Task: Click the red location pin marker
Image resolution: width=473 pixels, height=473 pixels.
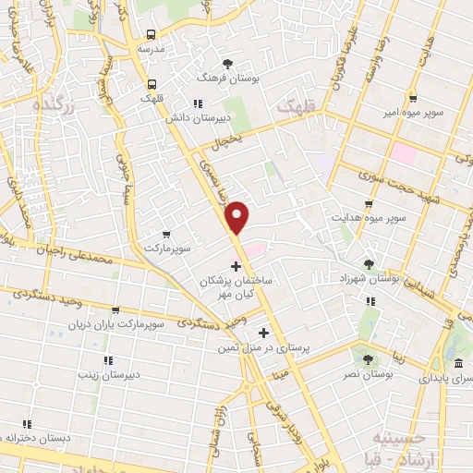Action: pos(238,215)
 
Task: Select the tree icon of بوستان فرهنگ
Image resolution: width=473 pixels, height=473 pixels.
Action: pos(227,63)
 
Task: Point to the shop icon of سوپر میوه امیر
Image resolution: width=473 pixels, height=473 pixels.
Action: pos(413,99)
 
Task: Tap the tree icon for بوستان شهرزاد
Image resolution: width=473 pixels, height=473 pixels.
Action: pos(370,263)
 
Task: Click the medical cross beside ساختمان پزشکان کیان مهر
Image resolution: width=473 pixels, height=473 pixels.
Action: pos(236,266)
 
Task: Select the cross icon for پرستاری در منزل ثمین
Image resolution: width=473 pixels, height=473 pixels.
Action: pos(264,333)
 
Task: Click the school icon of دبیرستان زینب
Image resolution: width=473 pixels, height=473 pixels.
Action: pos(107,360)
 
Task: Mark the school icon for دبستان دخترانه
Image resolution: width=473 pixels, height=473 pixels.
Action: pos(27,424)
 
